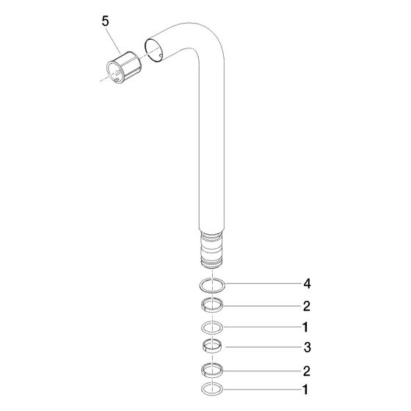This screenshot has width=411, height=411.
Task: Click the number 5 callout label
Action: coord(105,21)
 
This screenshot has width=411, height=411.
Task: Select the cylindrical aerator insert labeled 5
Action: coord(123,68)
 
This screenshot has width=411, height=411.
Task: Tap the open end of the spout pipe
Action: coord(153,51)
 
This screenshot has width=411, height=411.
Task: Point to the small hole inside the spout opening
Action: coord(160,55)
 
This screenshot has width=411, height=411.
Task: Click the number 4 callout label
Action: coord(307,283)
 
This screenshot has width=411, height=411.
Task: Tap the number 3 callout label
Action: coord(307,347)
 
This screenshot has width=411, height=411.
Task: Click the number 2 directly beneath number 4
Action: coord(307,306)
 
